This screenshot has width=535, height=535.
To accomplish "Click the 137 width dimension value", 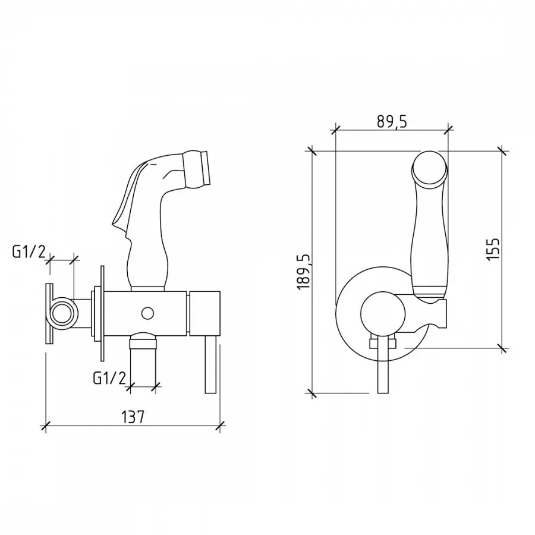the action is click(x=133, y=417).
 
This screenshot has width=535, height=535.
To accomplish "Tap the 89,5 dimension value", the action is click(x=392, y=121).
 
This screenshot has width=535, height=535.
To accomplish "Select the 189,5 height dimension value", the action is click(x=304, y=272).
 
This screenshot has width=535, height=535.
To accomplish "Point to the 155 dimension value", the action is click(x=493, y=248).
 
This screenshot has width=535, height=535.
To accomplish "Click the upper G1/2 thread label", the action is click(x=29, y=252).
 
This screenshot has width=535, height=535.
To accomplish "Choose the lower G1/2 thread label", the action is click(x=109, y=377).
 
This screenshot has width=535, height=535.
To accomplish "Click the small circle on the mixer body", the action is click(x=147, y=313).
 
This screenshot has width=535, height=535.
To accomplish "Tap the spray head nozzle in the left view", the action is click(x=197, y=169).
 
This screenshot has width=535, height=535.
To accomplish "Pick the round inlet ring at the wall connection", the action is click(x=62, y=313).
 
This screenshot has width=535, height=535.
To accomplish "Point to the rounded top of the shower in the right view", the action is click(x=429, y=168).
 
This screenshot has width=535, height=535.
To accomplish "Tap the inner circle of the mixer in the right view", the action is click(x=382, y=313).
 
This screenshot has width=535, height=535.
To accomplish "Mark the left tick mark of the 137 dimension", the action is click(x=45, y=426).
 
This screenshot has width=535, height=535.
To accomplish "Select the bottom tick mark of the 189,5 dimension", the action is click(x=311, y=394).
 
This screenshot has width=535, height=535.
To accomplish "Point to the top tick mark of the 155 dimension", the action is click(x=501, y=150).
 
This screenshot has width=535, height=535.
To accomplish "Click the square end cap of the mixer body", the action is click(x=204, y=313).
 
